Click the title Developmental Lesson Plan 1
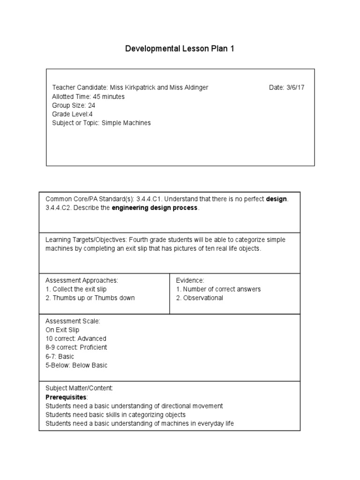tap(180, 49)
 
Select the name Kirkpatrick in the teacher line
tap(139, 88)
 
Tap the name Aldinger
tap(192, 88)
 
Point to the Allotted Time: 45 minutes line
tap(88, 97)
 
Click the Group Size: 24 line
tap(74, 105)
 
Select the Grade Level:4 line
tap(72, 114)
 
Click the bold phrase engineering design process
tap(155, 208)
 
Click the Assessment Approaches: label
tap(82, 280)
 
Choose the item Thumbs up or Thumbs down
tap(93, 298)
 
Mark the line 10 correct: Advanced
tap(76, 338)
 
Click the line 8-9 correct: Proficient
tap(76, 347)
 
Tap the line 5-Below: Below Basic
tap(76, 365)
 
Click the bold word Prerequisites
tap(66, 397)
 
